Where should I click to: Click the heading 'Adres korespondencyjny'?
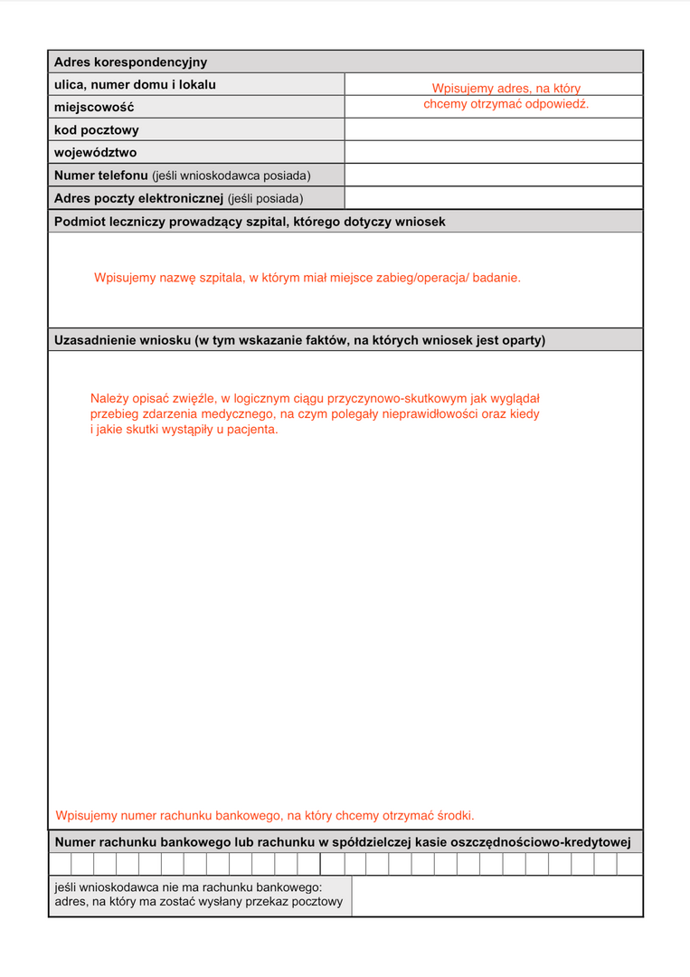coord(130,62)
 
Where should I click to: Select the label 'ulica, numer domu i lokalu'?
coord(135,85)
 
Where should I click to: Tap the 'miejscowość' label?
coord(94,108)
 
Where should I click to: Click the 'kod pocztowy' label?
coord(97,130)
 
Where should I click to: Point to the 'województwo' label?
coord(96,153)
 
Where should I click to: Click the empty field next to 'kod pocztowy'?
coord(493,130)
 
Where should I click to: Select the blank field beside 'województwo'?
coord(493,153)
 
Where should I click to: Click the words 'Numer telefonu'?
coord(101,175)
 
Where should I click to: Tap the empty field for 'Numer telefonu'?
coord(493,175)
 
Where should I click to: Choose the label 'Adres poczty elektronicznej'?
coord(138,198)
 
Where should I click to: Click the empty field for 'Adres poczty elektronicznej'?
coord(493,198)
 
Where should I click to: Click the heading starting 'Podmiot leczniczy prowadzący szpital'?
coord(250,222)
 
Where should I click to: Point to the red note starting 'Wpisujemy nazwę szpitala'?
coord(307,278)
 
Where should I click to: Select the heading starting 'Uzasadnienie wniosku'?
coord(299,340)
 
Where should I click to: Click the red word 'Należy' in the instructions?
coord(109,398)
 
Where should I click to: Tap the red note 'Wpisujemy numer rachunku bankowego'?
coord(264,815)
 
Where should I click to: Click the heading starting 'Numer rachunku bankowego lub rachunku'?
coord(342,842)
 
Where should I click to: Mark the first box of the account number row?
coord(60,865)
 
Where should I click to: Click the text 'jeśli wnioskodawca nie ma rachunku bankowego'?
coord(187,887)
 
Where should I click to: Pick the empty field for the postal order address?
coord(496,896)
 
